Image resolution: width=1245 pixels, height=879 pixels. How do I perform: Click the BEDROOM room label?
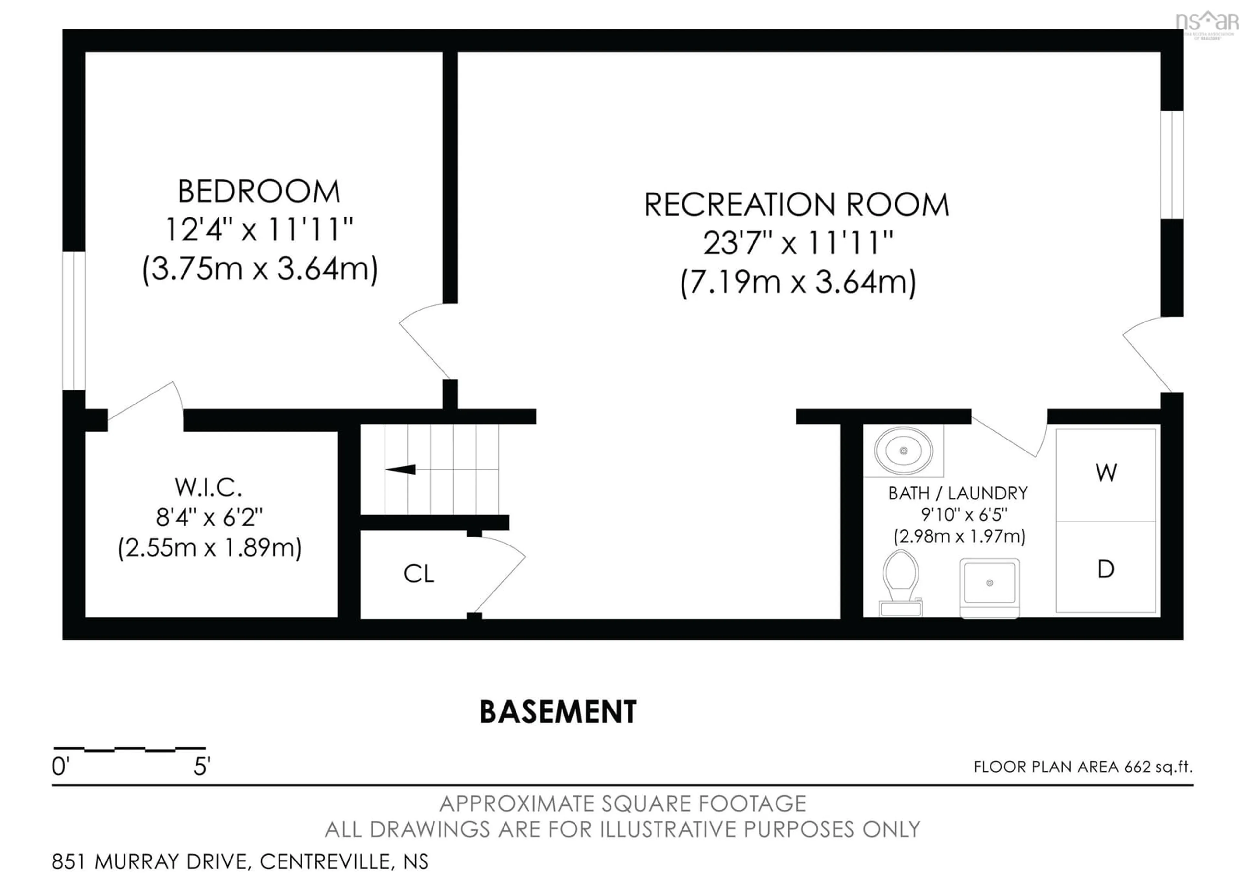coord(259,192)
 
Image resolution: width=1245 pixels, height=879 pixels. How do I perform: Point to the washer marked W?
coord(1106,474)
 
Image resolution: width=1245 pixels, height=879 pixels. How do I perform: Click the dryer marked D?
coord(1106,569)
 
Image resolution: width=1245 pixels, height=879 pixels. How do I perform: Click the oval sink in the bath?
coord(903,451)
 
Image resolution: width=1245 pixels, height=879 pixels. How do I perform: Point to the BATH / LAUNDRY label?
coord(958,493)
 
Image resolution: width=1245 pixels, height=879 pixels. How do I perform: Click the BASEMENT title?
coord(558,712)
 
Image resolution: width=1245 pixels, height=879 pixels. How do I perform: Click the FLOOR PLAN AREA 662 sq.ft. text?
coord(1083,767)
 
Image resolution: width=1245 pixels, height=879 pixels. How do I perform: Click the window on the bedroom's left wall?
coord(74,320)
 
